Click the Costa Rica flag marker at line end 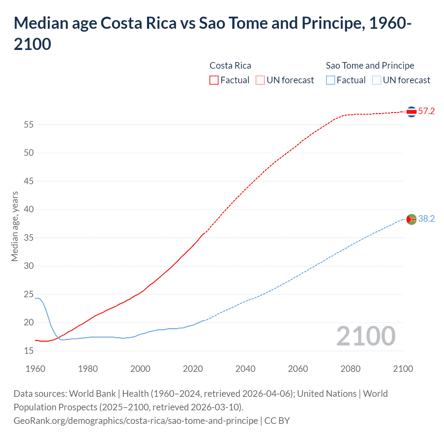pos(411,112)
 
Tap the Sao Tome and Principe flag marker pos(411,219)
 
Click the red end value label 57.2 pos(426,111)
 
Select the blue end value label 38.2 pos(426,219)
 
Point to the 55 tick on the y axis pos(29,125)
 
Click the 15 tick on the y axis pos(29,351)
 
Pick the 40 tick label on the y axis pos(29,209)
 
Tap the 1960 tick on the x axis pos(35,368)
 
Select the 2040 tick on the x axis pos(245,368)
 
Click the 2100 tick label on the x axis pos(403,368)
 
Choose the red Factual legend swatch pos(214,80)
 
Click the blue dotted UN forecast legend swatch pos(376,80)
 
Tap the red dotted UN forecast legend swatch pos(260,80)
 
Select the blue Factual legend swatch pos(331,80)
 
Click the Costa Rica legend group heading pos(230,66)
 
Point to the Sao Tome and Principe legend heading pos(370,66)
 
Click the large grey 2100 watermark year pos(366,336)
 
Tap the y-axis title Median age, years pos(15,226)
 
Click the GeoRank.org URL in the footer pos(136,421)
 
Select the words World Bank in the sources pos(92,394)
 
